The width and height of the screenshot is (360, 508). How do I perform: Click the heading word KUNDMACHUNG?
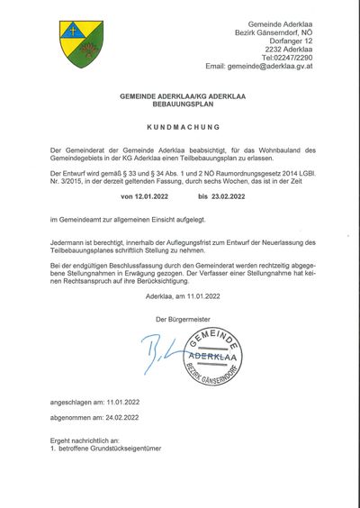180,128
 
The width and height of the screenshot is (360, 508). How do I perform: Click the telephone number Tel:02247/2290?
287,56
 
